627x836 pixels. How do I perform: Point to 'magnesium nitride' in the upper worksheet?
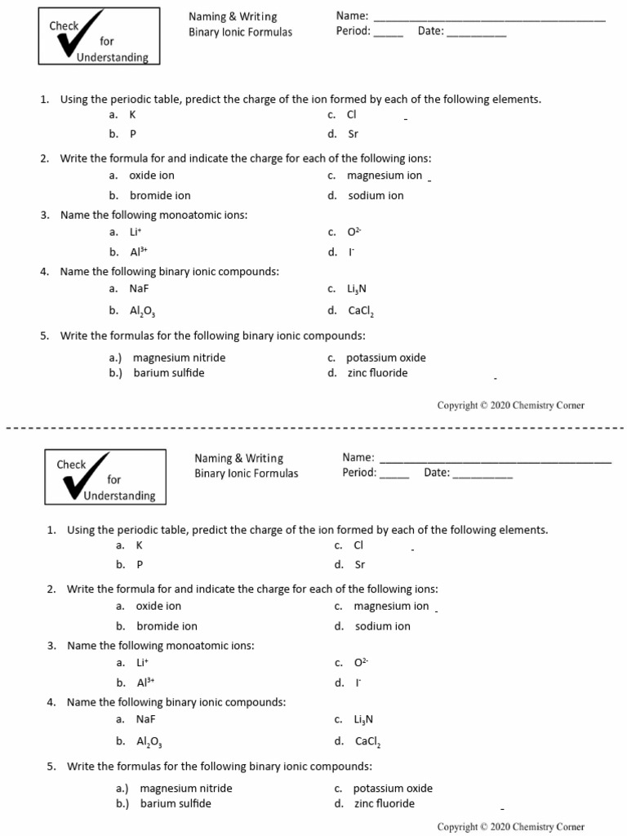(180, 358)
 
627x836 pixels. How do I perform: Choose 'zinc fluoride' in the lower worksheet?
(384, 803)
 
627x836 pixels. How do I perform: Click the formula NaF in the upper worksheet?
(139, 288)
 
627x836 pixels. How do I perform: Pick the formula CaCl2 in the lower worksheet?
(367, 742)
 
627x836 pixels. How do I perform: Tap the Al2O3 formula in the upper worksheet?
(142, 311)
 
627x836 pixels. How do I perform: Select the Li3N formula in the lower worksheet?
(363, 719)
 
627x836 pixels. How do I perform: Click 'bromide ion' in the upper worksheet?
(160, 195)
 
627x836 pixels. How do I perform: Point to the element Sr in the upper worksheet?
(353, 134)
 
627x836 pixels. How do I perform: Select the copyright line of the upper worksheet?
(510, 405)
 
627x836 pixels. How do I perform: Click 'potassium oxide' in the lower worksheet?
(393, 789)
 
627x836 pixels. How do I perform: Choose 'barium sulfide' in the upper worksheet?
(169, 372)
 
